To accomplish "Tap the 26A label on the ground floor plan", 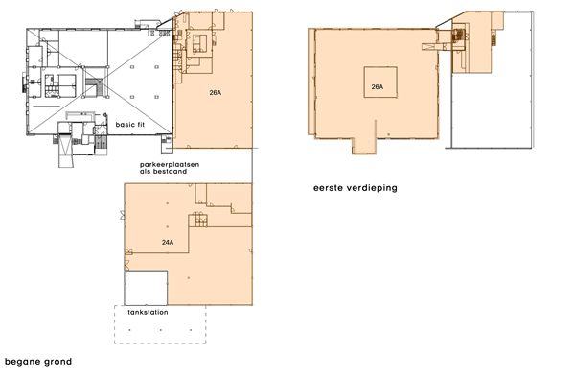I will coord(216,94).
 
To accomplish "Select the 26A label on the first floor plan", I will coord(377,87).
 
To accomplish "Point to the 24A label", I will coord(168,243).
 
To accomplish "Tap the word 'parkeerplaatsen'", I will coord(169,164).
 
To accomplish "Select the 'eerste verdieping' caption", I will coord(355,188).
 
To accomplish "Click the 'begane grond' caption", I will coord(38,362).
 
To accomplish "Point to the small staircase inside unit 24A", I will coord(200,222).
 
